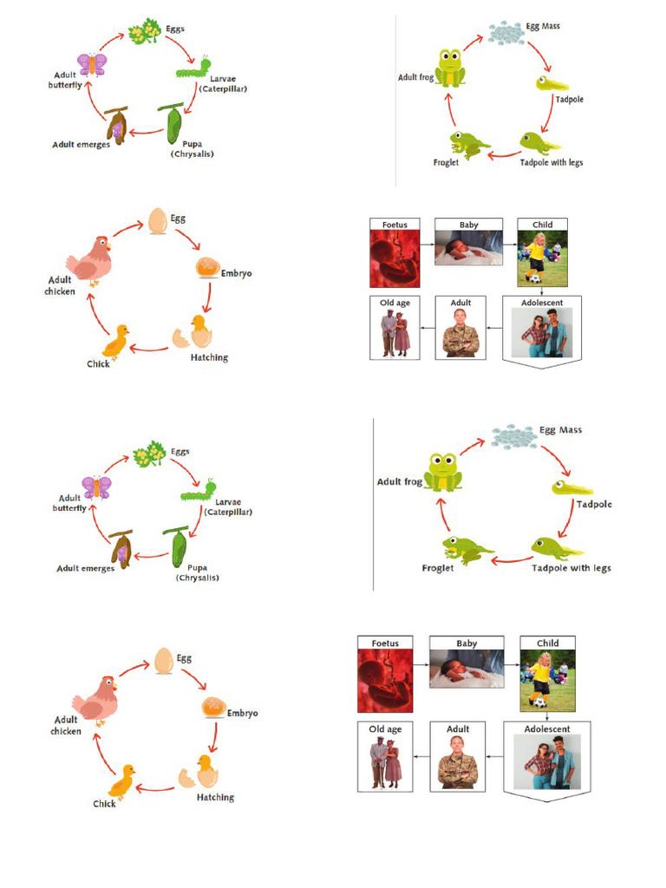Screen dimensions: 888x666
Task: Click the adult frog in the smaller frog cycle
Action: click(x=450, y=69)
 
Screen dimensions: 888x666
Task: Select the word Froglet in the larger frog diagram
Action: click(x=438, y=568)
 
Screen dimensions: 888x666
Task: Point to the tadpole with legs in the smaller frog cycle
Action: click(x=539, y=142)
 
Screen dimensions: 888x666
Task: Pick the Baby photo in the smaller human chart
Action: click(x=468, y=247)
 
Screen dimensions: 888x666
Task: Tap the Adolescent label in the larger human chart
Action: click(x=546, y=729)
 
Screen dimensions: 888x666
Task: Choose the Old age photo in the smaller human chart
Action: click(x=395, y=333)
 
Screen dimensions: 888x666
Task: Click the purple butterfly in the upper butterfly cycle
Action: click(x=91, y=64)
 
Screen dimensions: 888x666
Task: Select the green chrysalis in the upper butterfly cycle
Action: click(x=173, y=125)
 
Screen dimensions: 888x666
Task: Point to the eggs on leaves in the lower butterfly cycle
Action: click(x=148, y=453)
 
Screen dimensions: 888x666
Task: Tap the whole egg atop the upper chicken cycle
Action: click(x=158, y=220)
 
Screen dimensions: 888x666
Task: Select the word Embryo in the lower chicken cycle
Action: click(x=242, y=713)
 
